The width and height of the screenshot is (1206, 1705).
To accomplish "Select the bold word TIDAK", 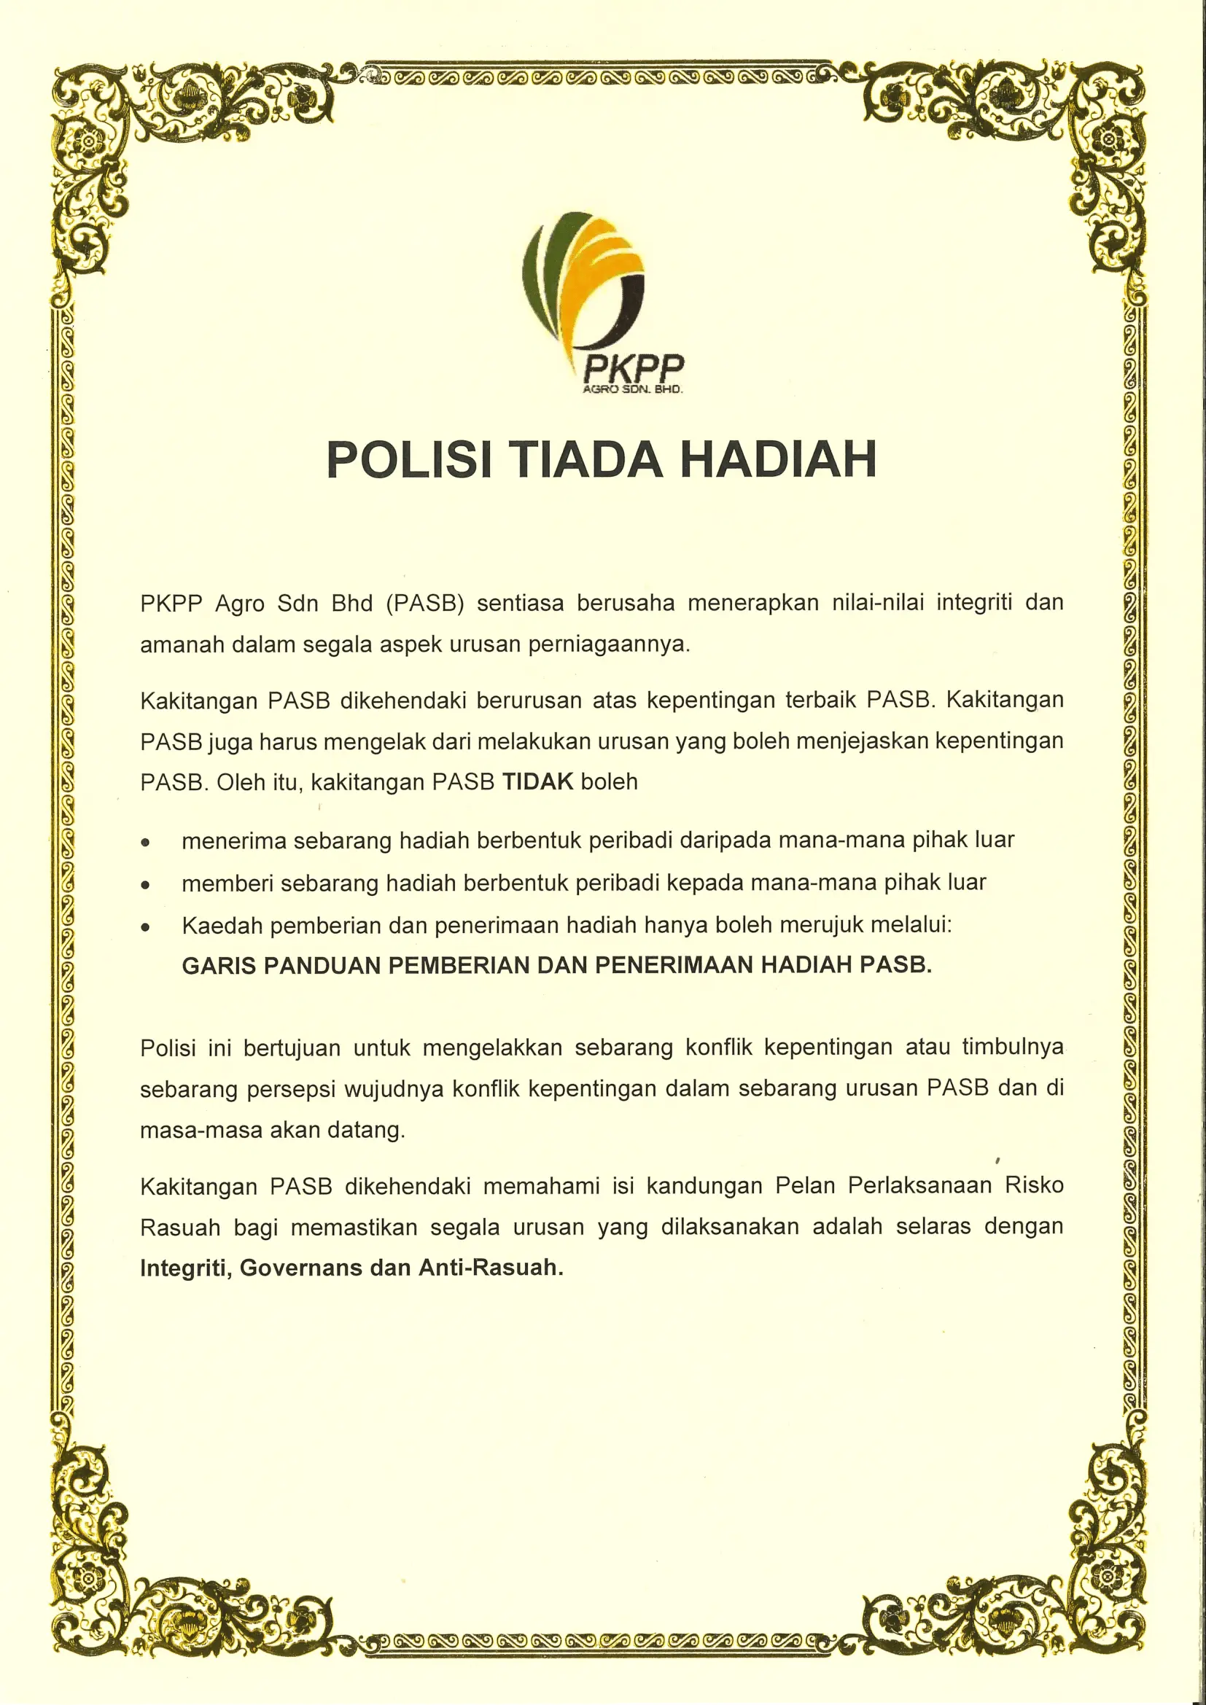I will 537,781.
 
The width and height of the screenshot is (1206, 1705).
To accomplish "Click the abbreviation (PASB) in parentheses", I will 425,602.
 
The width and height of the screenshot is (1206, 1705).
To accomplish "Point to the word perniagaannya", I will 609,644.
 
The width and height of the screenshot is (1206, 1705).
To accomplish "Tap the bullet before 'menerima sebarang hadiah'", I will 147,843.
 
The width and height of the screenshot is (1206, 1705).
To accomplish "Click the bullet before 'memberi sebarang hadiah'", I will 147,885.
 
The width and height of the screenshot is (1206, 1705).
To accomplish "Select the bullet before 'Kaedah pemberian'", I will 147,927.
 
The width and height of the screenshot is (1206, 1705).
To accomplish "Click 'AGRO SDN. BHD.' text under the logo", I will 632,390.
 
